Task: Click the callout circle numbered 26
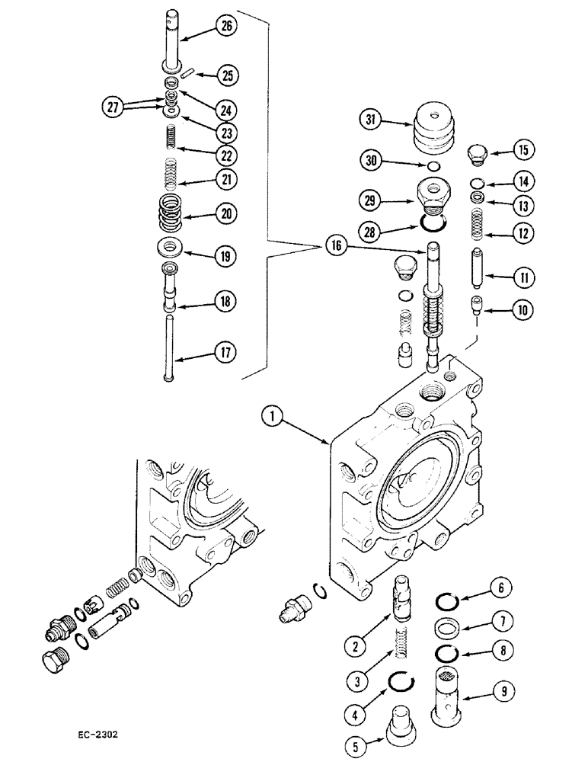pyautogui.click(x=228, y=27)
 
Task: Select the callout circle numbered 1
pyautogui.click(x=270, y=416)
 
